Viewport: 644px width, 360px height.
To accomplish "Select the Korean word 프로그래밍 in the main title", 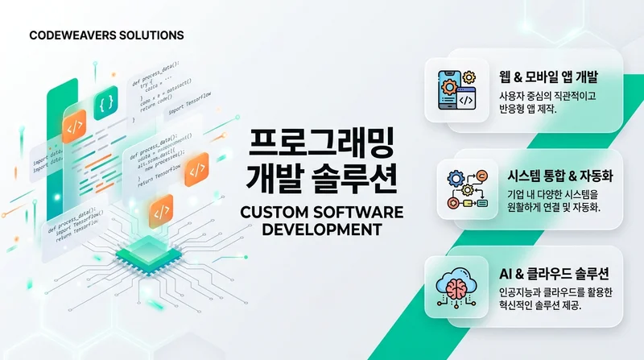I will [320, 143].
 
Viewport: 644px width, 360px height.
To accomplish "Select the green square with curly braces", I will [105, 104].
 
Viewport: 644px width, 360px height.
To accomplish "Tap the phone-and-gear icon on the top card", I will [456, 89].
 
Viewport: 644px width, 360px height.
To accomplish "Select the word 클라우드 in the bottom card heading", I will [552, 271].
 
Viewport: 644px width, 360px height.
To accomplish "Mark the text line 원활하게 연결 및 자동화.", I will [551, 209].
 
